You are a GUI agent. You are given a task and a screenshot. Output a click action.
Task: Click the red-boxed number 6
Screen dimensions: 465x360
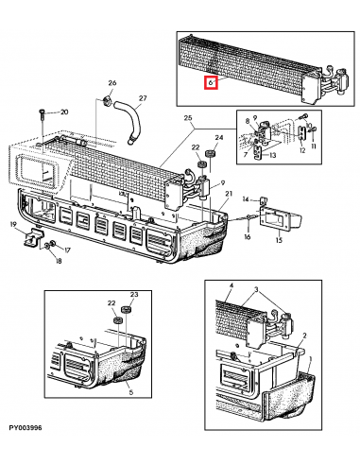coord(213,83)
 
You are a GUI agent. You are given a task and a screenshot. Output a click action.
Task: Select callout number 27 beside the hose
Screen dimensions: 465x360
coord(143,98)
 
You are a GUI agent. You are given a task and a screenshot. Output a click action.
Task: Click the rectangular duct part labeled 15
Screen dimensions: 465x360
coord(280,223)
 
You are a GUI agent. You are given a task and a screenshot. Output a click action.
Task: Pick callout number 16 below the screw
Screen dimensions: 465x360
coord(247,236)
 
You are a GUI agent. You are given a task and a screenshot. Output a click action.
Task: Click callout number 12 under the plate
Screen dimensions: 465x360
coord(302,149)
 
